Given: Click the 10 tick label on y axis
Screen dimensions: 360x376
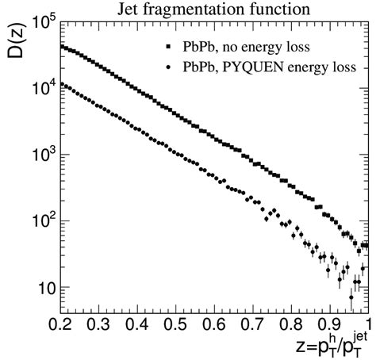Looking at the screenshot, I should coord(44,288).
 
